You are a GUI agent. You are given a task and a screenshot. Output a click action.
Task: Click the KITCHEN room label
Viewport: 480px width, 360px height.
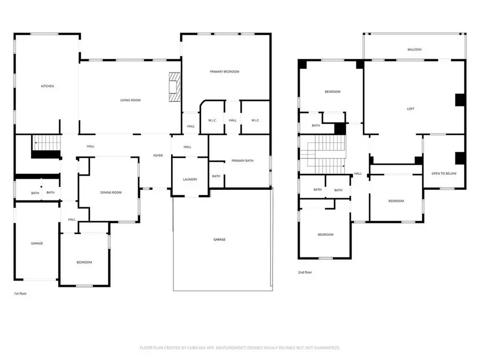[48, 86]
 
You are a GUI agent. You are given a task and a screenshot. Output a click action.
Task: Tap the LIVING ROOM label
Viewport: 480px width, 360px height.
[130, 100]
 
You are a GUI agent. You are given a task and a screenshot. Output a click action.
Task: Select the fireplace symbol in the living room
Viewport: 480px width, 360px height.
[174, 86]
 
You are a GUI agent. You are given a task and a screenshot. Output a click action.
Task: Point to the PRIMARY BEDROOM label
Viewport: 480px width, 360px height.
[224, 71]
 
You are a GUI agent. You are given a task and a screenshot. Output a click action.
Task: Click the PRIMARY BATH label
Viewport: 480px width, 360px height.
[242, 161]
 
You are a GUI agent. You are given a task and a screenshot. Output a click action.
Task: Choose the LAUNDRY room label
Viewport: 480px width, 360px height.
[190, 180]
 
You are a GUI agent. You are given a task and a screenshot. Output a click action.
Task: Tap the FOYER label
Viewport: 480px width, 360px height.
[158, 156]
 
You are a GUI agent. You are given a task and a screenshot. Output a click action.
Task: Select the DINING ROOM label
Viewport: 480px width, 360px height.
[111, 193]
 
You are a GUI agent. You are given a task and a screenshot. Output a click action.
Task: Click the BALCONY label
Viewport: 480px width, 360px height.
[414, 50]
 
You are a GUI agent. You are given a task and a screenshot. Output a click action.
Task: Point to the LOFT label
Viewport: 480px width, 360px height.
[410, 109]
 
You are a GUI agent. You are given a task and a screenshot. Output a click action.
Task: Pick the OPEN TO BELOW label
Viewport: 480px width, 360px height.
[444, 173]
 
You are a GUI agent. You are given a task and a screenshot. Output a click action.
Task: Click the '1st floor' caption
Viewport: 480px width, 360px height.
[20, 294]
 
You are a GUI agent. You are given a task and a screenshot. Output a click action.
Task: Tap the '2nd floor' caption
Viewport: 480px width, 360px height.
[305, 273]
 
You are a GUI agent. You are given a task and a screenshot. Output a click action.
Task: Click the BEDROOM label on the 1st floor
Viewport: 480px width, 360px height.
[84, 262]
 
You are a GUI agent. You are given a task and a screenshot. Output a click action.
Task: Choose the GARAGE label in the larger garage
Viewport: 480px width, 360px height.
[219, 239]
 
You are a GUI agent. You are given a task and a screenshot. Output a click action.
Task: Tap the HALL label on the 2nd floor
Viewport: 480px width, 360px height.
[358, 174]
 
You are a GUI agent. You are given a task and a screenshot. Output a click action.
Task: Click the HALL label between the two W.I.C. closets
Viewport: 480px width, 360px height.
[233, 121]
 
